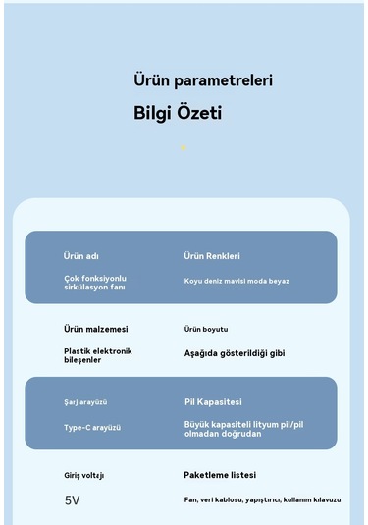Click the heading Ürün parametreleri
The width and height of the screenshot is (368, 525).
point(203,79)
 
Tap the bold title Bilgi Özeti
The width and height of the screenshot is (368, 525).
point(178,113)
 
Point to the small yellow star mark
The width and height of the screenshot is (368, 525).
point(183,148)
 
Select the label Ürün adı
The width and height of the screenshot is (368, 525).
point(80,256)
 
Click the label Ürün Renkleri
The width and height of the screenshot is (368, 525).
point(212,256)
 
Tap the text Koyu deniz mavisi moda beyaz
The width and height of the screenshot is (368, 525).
point(237,282)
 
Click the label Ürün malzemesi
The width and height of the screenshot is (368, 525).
point(96,329)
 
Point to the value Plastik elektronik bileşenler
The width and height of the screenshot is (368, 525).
point(98,355)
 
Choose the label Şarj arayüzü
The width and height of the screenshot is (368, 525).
point(85,402)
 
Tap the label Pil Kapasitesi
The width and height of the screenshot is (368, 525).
point(213,402)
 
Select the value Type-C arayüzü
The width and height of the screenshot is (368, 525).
point(92,428)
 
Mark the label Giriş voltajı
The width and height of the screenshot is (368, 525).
point(84,475)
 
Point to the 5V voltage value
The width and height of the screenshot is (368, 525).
point(73,500)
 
